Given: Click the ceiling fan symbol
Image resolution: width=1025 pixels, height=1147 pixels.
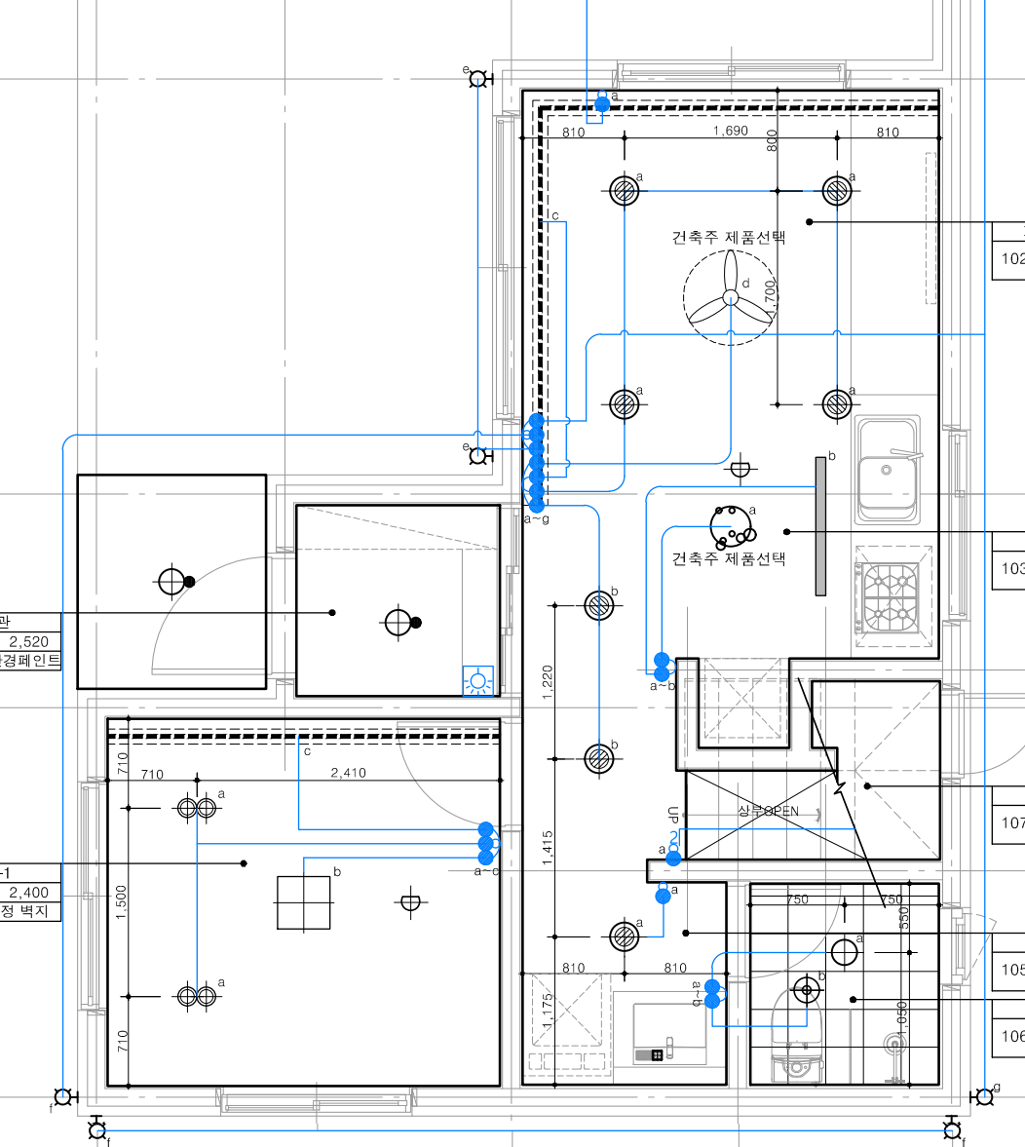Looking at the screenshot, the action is coord(731,298).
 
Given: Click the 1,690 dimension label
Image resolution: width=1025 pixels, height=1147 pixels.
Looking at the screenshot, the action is coord(731,132).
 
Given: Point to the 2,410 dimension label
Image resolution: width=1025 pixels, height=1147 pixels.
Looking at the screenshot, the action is coord(349,774).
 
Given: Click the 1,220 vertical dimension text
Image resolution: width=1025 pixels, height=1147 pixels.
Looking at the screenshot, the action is coord(548,682).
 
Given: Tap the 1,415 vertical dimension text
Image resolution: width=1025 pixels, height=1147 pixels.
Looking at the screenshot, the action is coord(548,848).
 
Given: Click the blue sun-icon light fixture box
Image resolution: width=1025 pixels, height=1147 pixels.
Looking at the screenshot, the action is coord(477,681).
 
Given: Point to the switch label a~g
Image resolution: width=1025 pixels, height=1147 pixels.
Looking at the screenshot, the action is coord(537,519).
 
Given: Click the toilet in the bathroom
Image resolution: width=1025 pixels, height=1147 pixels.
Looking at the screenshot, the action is coord(799,1038).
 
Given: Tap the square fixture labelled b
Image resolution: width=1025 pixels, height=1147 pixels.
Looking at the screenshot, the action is coord(303,903).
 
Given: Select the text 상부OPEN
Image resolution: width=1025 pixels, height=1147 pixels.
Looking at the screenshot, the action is coord(768,812).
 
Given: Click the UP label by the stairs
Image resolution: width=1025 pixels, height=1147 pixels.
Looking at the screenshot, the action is coord(673,814).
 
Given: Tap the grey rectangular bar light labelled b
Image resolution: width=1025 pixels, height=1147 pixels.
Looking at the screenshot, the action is coord(820,526).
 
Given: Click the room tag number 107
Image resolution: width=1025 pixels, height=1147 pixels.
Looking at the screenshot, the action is coord(1012,823).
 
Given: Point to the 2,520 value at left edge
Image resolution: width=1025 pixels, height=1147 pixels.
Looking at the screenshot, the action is coord(28,642).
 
